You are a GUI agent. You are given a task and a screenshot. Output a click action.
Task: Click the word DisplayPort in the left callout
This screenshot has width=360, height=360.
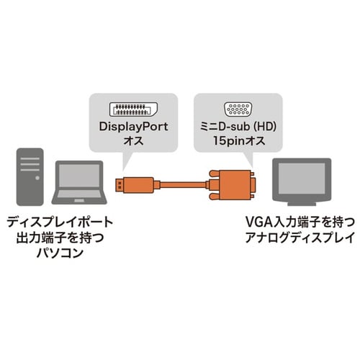133,126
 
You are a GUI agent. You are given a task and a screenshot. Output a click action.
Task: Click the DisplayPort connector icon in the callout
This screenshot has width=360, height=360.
133,109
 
